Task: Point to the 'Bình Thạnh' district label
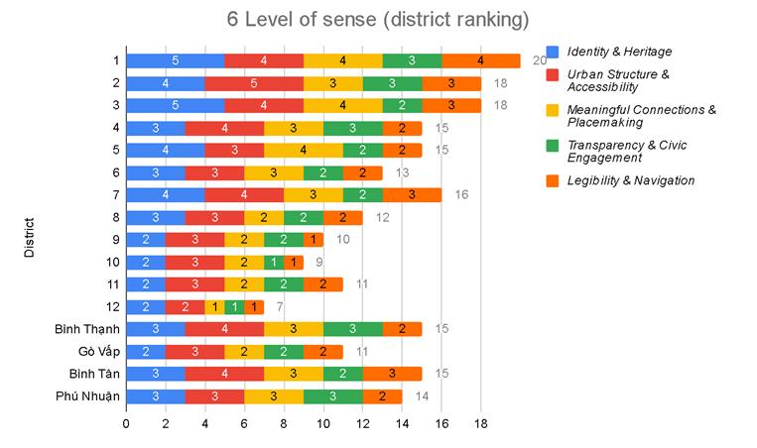(88, 329)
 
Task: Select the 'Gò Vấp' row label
(97, 351)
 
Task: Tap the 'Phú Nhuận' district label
(88, 396)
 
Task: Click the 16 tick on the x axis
(442, 423)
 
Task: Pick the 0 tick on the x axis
(126, 423)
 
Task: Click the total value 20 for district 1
(540, 61)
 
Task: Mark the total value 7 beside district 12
(280, 307)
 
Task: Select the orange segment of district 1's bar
(481, 61)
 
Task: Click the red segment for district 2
(254, 83)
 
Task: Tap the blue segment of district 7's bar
(165, 195)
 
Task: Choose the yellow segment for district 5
(304, 151)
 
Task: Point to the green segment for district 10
(274, 263)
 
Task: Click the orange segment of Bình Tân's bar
(392, 374)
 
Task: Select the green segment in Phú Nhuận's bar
(333, 396)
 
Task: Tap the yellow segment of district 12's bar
(214, 307)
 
